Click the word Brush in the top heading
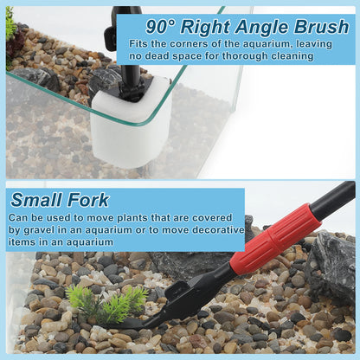pos(321,27)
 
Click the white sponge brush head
pos(131,124)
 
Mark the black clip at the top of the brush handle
pos(111,36)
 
